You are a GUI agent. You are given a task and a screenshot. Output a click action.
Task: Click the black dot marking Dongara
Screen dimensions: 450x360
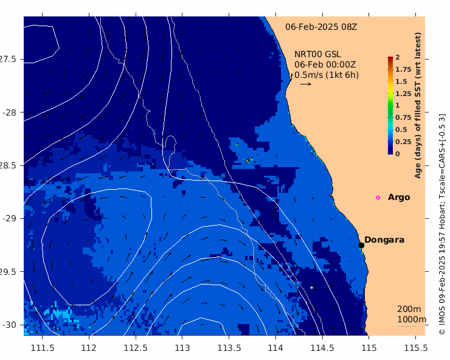(x=361, y=245)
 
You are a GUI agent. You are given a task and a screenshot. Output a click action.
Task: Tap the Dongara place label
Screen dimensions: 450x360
(x=384, y=240)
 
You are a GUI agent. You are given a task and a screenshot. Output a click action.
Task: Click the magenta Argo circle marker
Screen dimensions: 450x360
(x=378, y=198)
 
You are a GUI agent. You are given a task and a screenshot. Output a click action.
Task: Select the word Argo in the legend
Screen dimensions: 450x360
(x=399, y=198)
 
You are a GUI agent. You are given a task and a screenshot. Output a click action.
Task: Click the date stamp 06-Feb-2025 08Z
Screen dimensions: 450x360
(x=321, y=27)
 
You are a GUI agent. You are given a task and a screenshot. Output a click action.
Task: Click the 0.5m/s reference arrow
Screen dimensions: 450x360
(x=306, y=84)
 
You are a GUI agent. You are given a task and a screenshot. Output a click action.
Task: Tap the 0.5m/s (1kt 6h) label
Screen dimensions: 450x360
(x=327, y=75)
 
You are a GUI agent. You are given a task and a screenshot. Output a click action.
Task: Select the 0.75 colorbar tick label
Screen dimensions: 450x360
(x=403, y=117)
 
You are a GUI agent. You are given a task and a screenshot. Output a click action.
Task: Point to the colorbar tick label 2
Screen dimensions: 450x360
(x=398, y=57)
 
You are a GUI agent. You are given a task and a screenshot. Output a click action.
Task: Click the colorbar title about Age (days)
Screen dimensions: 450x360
(x=418, y=105)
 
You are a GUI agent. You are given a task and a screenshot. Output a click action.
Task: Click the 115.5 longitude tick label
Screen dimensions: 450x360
(x=415, y=348)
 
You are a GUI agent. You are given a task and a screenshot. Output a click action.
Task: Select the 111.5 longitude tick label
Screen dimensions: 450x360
(x=43, y=348)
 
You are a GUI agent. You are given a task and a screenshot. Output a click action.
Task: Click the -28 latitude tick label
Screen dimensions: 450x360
(x=10, y=112)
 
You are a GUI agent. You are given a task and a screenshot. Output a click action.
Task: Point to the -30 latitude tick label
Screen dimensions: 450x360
(x=10, y=325)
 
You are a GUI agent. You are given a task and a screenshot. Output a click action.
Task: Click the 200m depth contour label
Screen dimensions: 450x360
(x=409, y=309)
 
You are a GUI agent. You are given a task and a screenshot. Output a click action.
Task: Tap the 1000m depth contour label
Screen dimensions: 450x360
(x=412, y=319)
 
